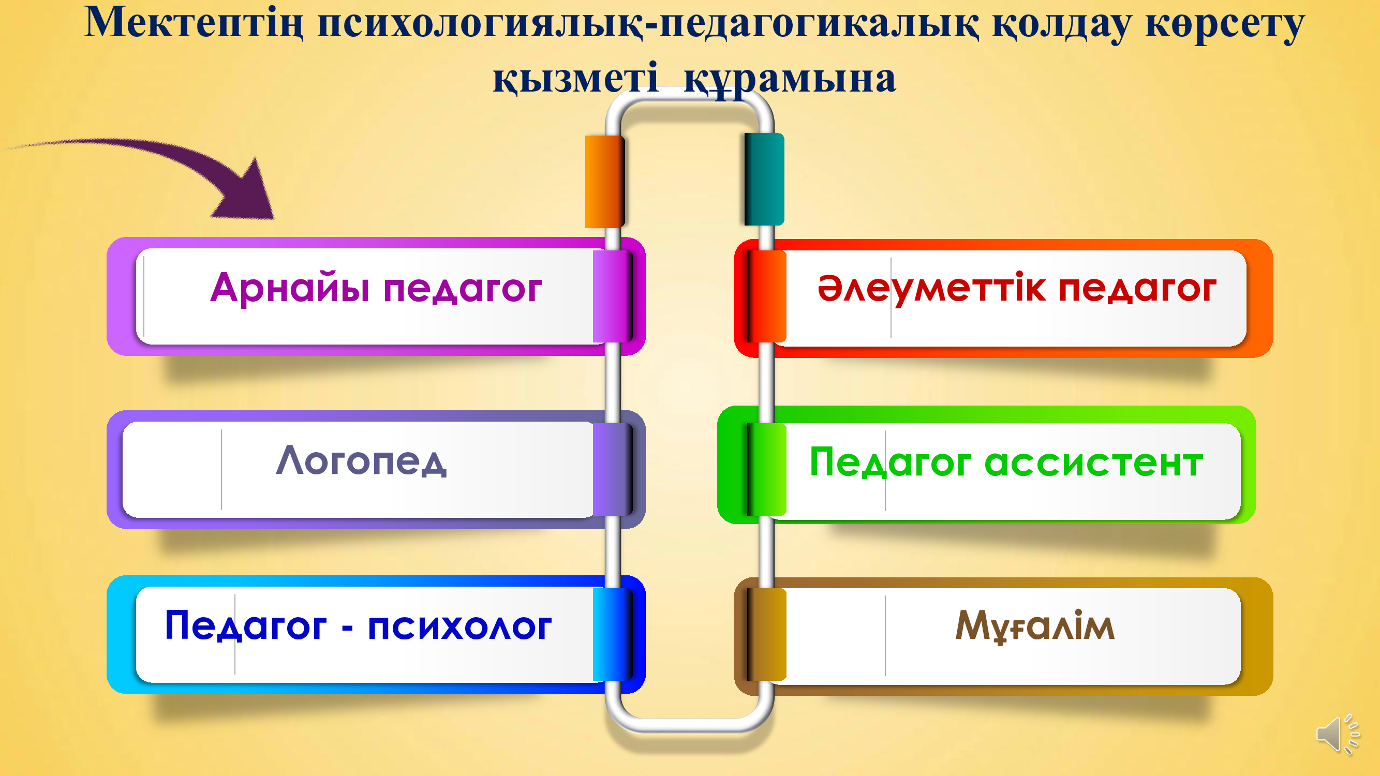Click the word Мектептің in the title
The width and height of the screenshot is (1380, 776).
point(194,24)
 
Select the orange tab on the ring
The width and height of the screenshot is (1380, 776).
point(605,181)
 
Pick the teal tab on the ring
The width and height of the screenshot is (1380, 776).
point(764,179)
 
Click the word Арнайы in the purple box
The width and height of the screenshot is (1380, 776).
point(290,288)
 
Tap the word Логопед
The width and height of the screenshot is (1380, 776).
point(362,461)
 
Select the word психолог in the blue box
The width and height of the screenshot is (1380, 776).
point(459,626)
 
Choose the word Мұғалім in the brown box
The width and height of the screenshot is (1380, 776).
point(1035,626)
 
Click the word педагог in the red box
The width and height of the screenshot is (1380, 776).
point(1138,290)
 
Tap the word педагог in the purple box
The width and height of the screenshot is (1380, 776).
point(462,290)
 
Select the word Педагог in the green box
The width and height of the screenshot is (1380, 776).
point(889,462)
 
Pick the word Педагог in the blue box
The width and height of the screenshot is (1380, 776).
point(245,625)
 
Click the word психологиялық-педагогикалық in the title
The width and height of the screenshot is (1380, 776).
point(648,24)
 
